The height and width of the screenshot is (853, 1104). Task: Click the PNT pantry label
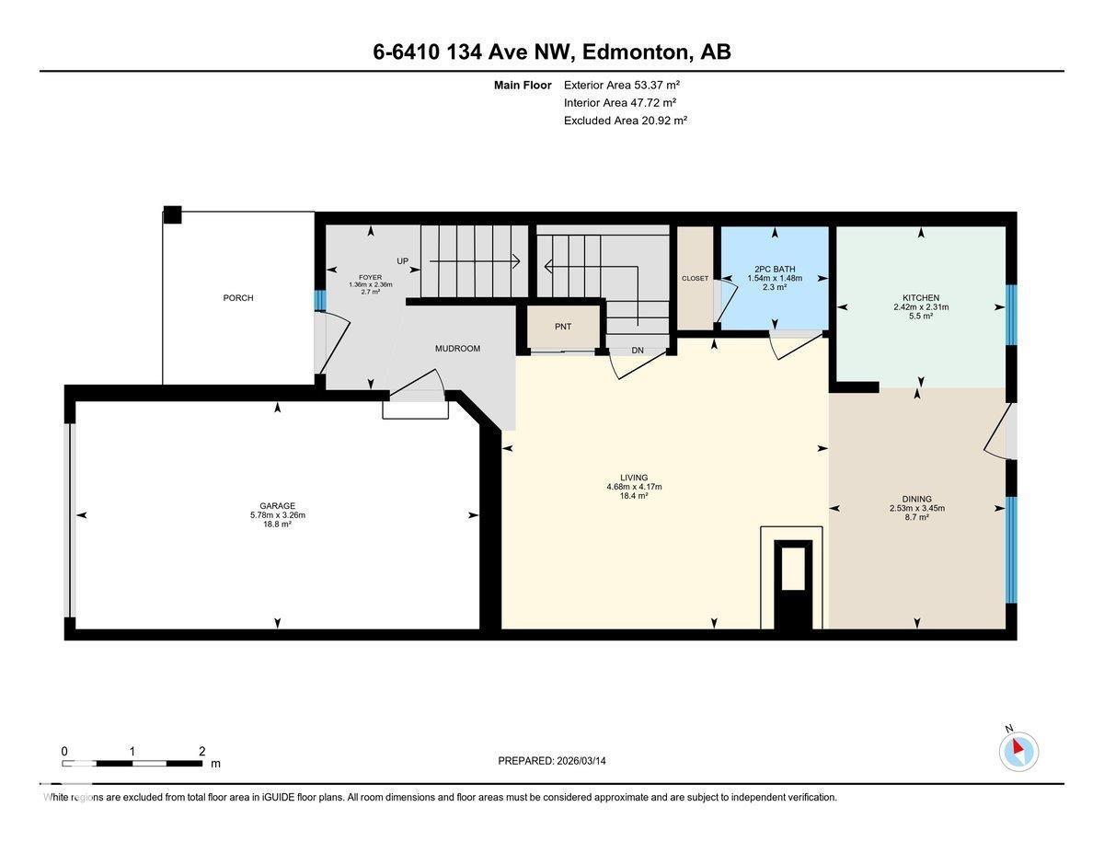point(563,327)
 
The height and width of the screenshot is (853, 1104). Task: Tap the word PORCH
point(237,298)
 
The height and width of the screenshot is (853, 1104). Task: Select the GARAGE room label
point(277,505)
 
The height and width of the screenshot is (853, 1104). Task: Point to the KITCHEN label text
point(920,297)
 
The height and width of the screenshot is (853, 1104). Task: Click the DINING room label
point(916,498)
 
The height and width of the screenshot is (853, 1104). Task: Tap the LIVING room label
point(634,478)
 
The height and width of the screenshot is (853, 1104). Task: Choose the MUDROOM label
point(457,349)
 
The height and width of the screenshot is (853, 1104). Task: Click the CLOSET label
point(695,279)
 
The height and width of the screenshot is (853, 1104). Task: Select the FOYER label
point(370,276)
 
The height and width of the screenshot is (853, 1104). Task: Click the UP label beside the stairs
point(402,261)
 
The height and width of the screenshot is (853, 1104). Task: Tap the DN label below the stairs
point(638,351)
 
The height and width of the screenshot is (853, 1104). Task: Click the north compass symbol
point(1018,751)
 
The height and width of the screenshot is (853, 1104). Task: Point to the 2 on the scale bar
point(201,751)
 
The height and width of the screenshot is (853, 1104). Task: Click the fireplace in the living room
point(793,582)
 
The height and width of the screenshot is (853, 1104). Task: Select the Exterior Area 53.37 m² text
point(621,85)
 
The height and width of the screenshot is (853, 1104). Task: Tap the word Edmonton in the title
point(635,52)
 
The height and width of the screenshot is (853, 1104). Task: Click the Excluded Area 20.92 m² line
point(626,120)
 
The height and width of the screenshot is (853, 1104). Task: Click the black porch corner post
point(172,215)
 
